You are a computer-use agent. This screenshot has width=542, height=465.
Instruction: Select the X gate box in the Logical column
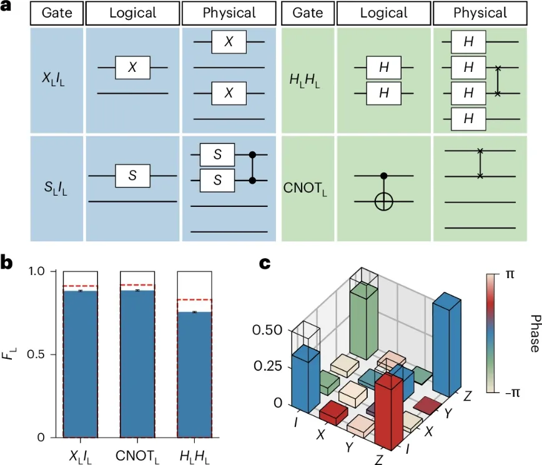click(132, 67)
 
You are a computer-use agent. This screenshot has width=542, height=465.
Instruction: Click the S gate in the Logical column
click(132, 176)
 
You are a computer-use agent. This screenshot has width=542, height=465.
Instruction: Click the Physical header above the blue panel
click(229, 13)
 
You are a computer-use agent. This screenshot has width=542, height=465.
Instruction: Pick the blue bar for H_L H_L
click(194, 375)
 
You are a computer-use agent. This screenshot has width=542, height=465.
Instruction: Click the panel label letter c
click(265, 263)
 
